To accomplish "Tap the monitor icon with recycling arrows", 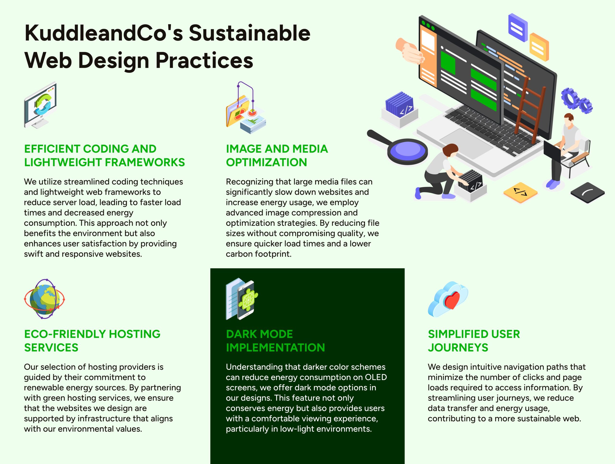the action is [41, 105].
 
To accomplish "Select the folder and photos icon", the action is [246, 108].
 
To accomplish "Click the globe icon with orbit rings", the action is [44, 299].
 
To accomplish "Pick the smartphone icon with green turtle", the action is [242, 299].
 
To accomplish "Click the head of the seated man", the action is [569, 120].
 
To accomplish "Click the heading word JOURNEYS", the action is [458, 348].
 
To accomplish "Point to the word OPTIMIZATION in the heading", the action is [266, 162].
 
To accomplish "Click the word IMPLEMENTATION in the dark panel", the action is [275, 348].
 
